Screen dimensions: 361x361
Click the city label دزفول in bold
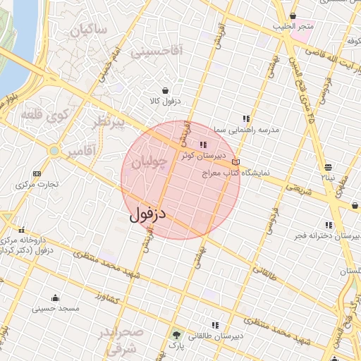point(147,212)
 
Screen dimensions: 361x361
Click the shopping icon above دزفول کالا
point(165,90)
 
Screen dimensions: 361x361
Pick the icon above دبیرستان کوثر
point(203,145)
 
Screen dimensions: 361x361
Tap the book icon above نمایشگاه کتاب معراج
point(235,162)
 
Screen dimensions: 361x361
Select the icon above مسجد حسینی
point(55,298)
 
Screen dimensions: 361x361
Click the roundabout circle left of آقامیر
point(54,151)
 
